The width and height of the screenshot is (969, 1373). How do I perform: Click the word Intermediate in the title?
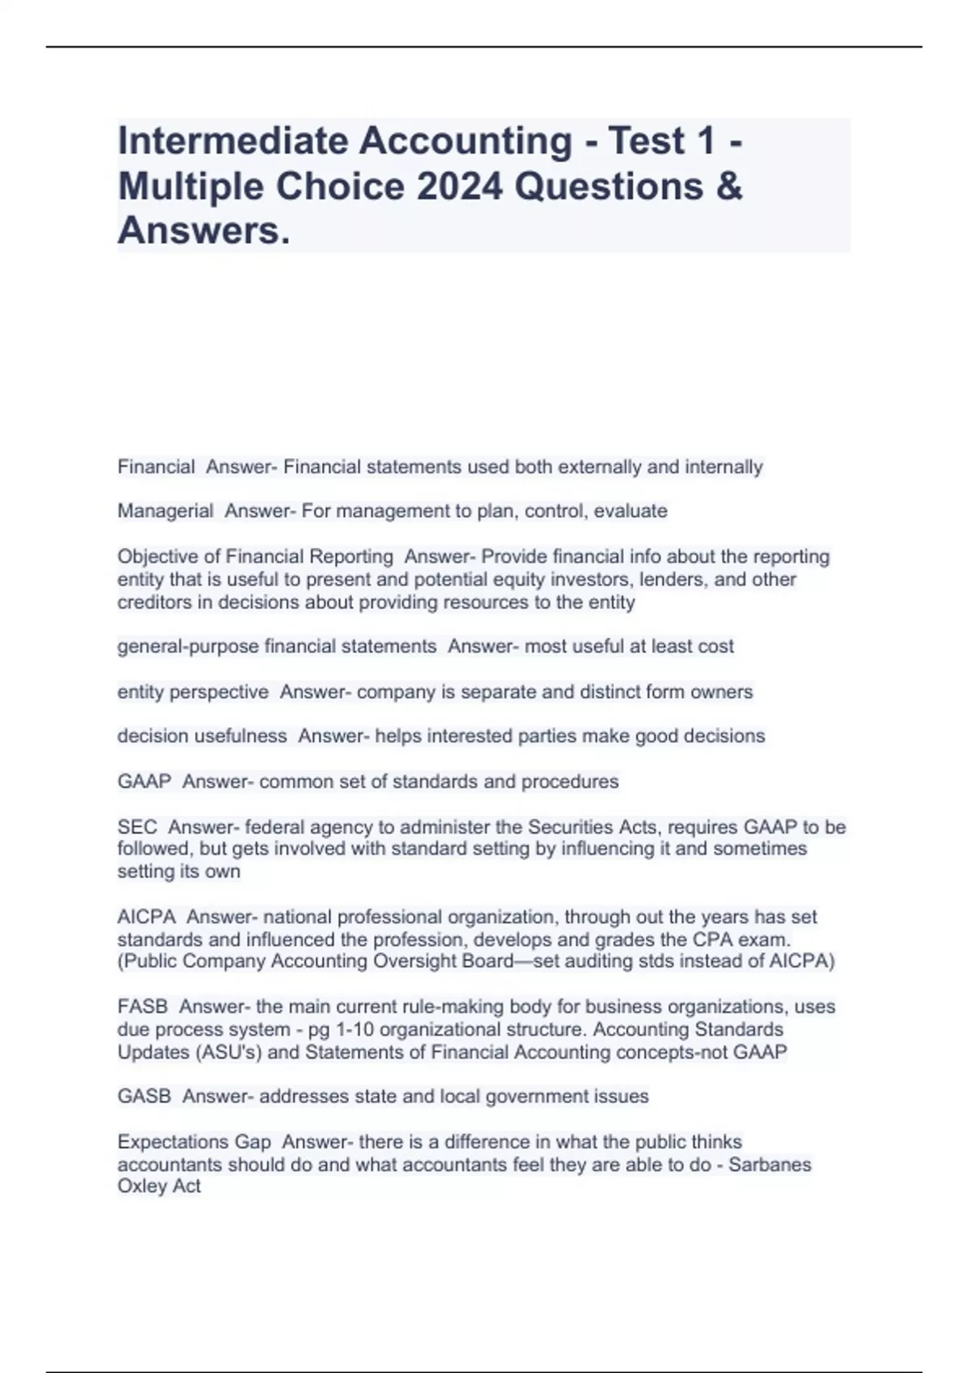(x=234, y=141)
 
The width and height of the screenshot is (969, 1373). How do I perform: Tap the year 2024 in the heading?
(x=460, y=186)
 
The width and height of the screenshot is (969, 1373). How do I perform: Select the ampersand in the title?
(x=728, y=186)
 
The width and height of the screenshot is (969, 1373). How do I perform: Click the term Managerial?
(x=166, y=511)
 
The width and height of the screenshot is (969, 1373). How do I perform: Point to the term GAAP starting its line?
(x=145, y=782)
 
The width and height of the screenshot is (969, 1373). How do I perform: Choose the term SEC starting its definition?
(x=137, y=827)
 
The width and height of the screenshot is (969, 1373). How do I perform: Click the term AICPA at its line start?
(x=146, y=917)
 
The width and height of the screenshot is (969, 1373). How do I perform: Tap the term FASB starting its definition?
(x=143, y=1007)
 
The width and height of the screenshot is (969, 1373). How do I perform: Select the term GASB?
(x=145, y=1097)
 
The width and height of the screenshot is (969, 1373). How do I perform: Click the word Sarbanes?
(x=770, y=1165)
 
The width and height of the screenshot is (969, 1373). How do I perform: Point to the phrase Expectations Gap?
(x=194, y=1142)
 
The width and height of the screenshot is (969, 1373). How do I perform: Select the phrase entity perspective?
(x=193, y=692)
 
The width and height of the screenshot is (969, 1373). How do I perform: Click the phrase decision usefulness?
(x=202, y=737)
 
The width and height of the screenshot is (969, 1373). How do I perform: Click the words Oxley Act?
(x=159, y=1186)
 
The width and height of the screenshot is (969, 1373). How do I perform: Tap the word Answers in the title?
(x=203, y=231)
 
